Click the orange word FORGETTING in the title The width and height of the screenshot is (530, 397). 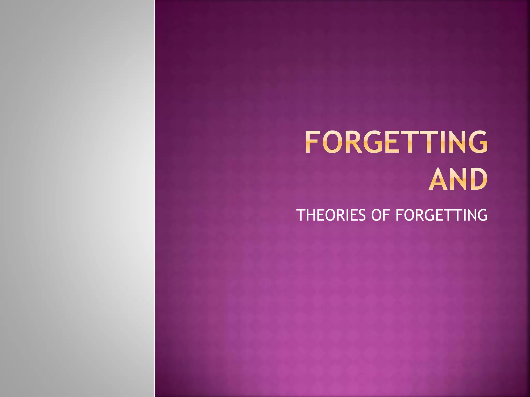(396, 142)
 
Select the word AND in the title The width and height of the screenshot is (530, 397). (458, 179)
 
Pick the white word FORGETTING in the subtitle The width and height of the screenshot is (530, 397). (441, 215)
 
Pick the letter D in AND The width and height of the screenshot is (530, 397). (479, 179)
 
